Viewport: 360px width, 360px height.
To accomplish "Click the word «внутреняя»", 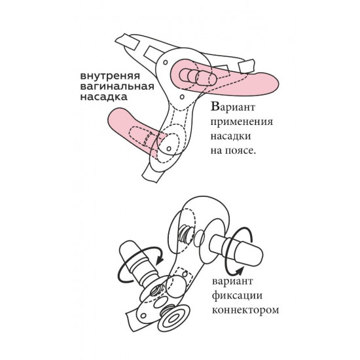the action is point(110,77).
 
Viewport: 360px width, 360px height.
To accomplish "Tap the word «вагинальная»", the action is point(117,86).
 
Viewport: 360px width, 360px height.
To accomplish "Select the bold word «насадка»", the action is point(104,97).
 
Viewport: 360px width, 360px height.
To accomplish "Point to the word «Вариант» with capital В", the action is point(233,107).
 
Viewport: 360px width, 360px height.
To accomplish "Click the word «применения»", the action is point(242,122).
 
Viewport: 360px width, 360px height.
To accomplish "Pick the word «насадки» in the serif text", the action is point(231,136).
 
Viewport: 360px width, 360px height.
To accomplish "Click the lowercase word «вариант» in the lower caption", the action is point(232,281).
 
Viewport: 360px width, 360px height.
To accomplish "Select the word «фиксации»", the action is point(237,296).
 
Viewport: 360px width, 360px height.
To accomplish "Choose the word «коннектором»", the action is point(245,310).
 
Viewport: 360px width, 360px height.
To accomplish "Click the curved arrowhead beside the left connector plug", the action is point(159,260).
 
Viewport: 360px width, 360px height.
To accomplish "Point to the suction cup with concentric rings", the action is point(173,317).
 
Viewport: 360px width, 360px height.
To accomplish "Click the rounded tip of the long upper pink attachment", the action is point(275,84).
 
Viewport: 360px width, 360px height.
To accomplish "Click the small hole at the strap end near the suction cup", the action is point(143,315).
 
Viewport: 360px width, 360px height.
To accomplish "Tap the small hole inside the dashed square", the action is point(184,274).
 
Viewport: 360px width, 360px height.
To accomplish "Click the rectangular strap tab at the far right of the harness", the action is point(247,65).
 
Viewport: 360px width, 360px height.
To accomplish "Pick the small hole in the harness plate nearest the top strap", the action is point(166,62).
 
